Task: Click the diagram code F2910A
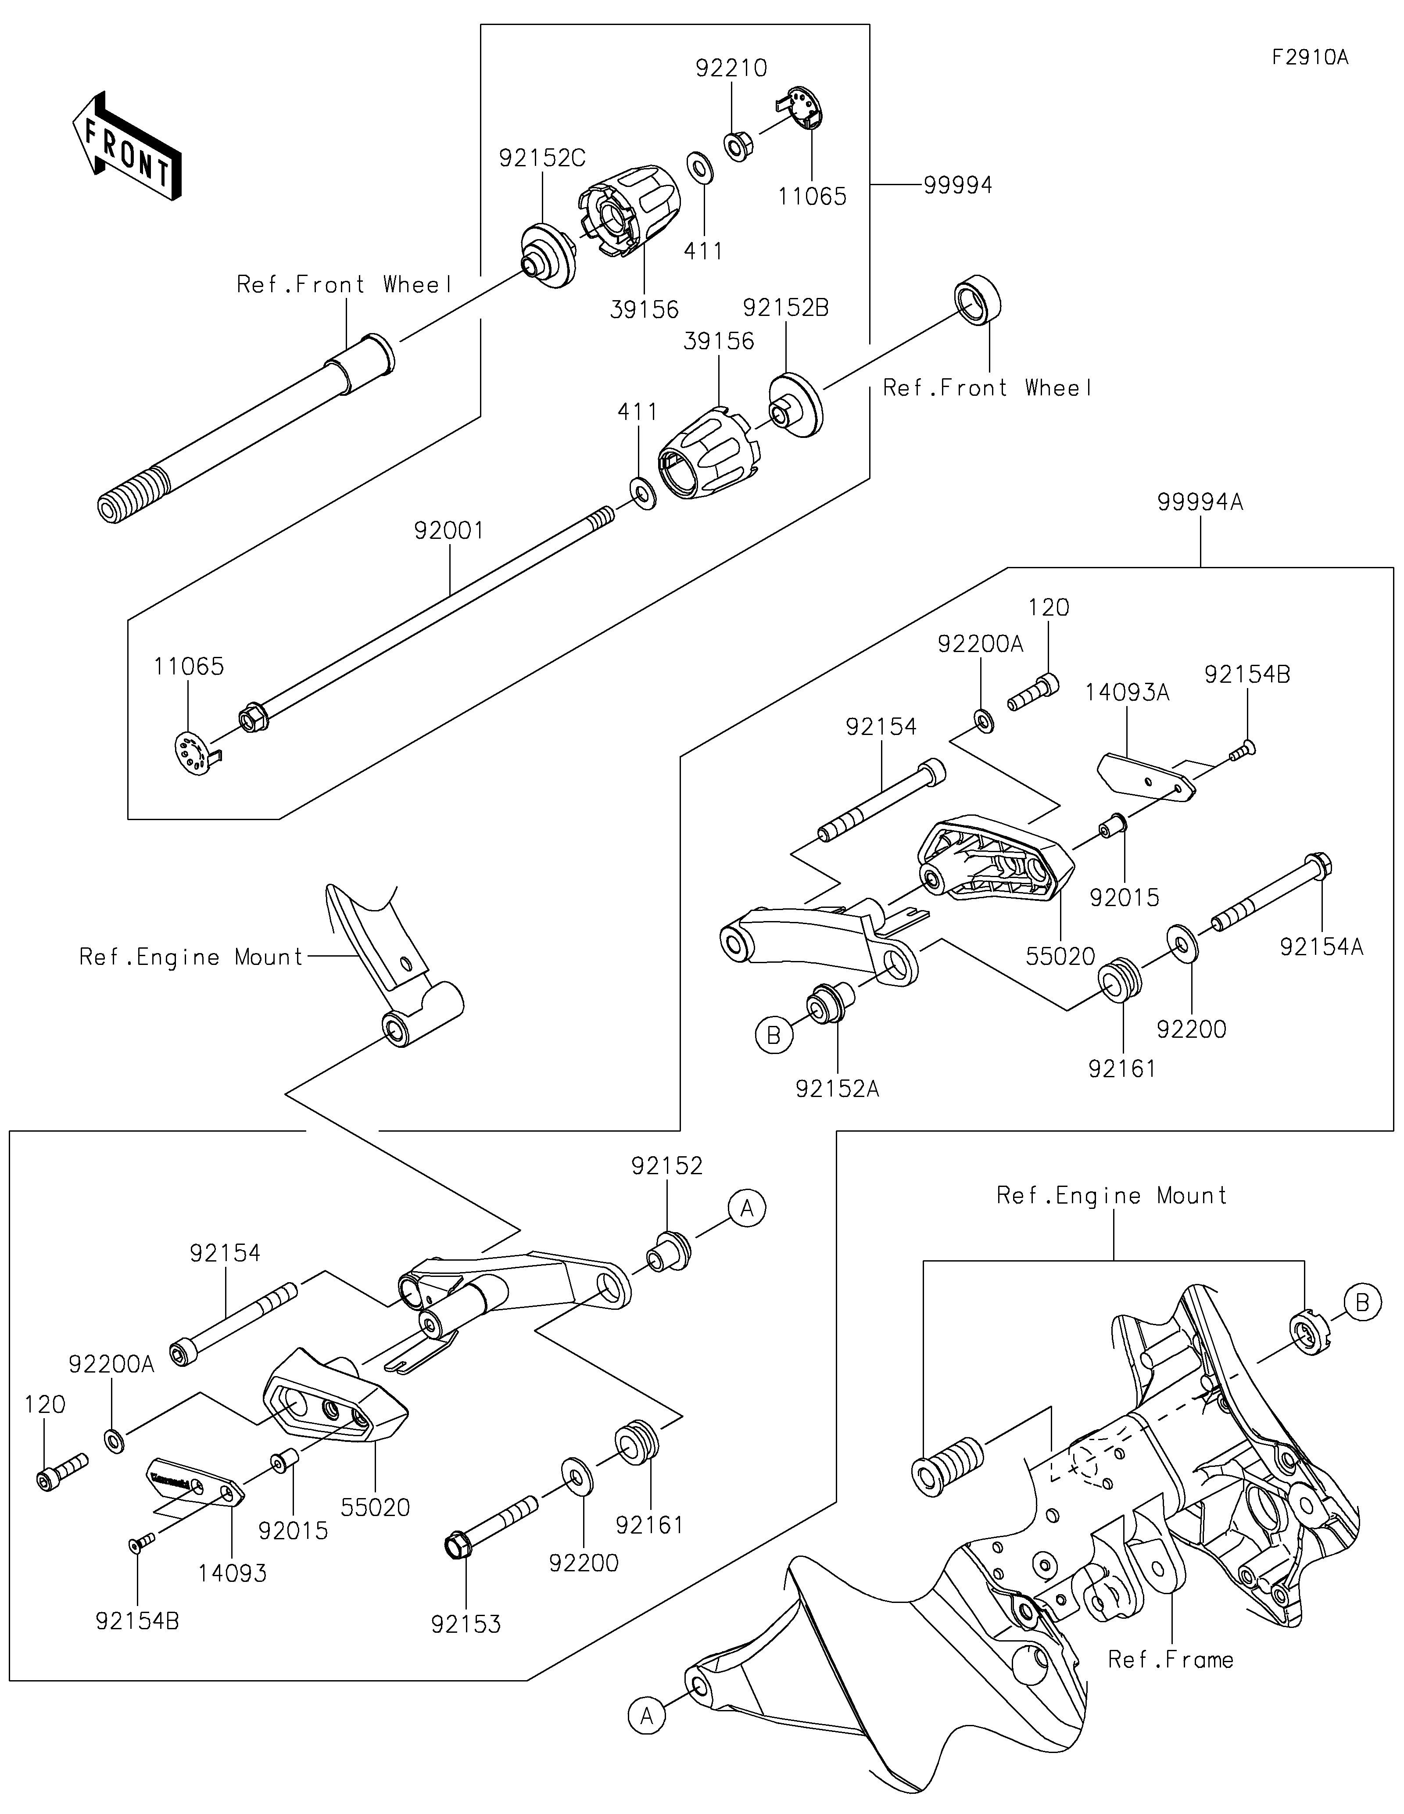[1309, 57]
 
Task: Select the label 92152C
[542, 158]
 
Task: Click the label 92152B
[785, 308]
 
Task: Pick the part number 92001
[449, 530]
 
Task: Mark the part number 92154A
[1321, 947]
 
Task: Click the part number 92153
[466, 1624]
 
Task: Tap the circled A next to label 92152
[746, 1208]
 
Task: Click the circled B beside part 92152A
[774, 1035]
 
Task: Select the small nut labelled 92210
[737, 146]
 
